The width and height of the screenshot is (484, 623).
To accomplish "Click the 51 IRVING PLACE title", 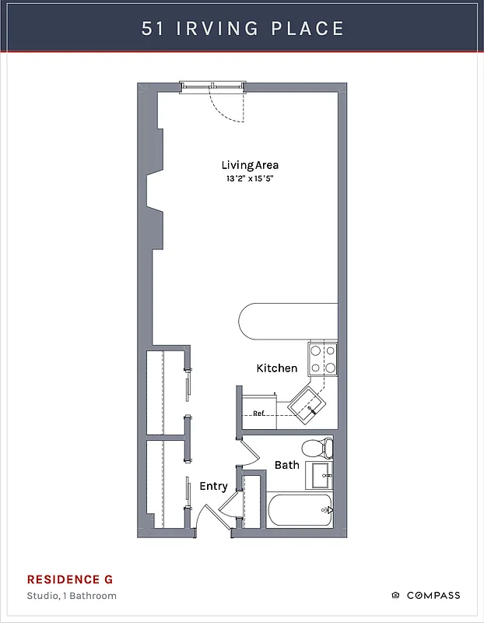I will click(242, 29).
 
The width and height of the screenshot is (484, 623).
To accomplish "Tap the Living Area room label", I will click(250, 165).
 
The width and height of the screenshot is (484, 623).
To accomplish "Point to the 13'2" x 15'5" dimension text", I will click(250, 178).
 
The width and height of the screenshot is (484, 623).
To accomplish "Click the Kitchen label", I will click(277, 368).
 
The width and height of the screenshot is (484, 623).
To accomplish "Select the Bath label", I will click(286, 465).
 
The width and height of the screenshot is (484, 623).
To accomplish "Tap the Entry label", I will click(213, 486).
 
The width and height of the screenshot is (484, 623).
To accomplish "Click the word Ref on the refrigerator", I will click(258, 414).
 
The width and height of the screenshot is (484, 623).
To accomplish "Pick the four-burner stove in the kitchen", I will click(322, 359).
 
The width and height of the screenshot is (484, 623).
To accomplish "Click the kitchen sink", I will click(308, 405).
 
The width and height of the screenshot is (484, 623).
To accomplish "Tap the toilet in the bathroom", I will click(318, 448).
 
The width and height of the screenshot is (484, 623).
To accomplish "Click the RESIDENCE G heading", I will click(70, 579).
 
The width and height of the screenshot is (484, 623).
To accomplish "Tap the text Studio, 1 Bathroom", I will click(72, 596).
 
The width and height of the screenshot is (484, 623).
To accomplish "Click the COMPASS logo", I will click(426, 596).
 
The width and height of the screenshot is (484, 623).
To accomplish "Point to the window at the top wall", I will click(213, 86).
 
